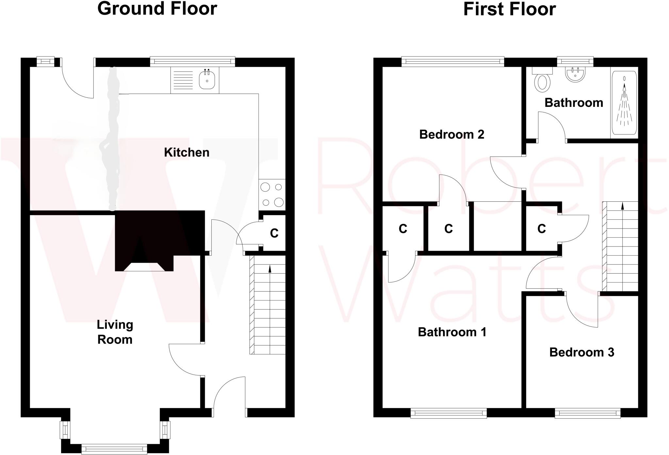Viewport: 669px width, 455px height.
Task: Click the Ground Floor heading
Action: click(157, 9)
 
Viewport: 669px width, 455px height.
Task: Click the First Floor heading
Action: click(509, 9)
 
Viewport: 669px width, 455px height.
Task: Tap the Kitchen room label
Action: click(187, 152)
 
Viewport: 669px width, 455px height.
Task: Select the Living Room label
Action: click(115, 332)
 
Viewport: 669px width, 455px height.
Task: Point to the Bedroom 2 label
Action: click(451, 134)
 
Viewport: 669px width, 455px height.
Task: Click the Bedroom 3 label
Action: click(581, 352)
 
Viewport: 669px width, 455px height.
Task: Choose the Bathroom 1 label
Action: click(452, 332)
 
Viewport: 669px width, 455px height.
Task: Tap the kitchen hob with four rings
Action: click(272, 195)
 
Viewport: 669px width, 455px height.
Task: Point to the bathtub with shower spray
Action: click(624, 103)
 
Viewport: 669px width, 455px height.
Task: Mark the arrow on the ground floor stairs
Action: click(270, 269)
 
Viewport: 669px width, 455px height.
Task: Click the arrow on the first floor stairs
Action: click(622, 206)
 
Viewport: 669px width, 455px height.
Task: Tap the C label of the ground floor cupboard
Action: click(274, 233)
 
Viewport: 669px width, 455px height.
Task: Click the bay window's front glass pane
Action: click(114, 449)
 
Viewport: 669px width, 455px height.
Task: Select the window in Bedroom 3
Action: click(587, 413)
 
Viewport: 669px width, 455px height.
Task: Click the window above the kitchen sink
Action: click(192, 61)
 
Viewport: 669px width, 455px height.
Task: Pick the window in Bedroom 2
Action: click(452, 61)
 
